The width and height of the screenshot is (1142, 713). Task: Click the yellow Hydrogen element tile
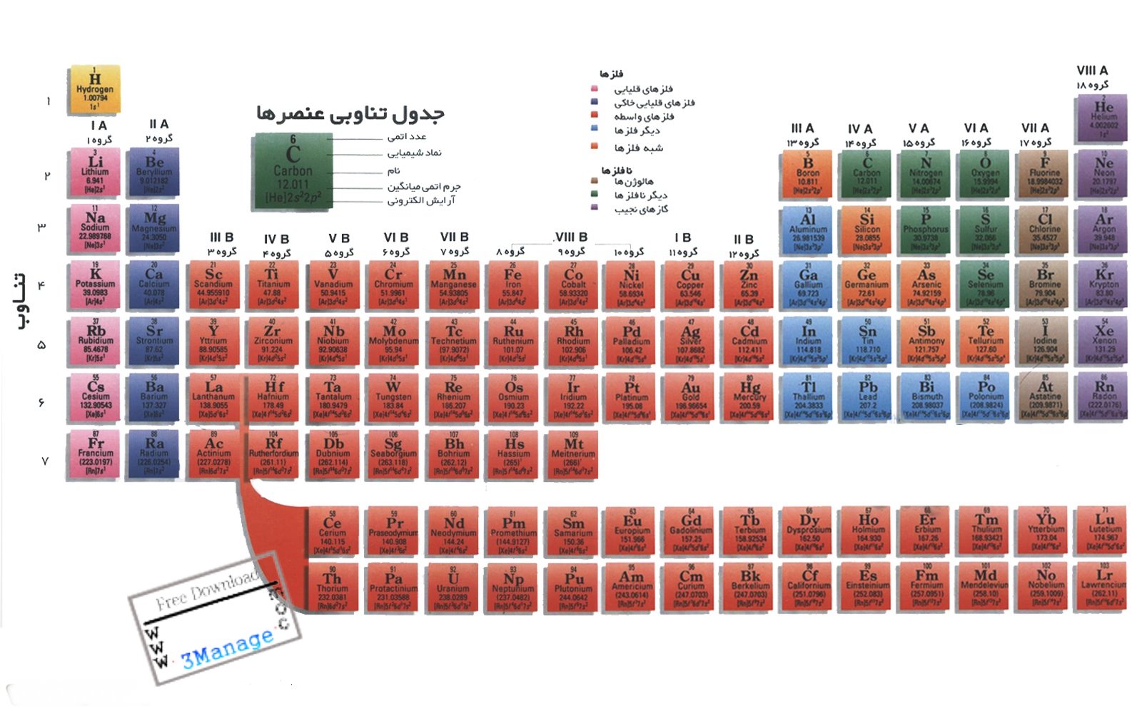[x=94, y=90]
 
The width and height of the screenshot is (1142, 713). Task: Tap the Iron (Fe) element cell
[x=513, y=287]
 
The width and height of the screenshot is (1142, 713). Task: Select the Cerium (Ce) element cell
[x=333, y=532]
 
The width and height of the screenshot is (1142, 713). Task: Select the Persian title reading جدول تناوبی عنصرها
[x=350, y=113]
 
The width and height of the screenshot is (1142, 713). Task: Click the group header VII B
[x=454, y=237]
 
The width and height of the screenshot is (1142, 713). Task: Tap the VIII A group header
[x=1092, y=70]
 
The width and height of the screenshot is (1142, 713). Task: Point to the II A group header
[x=158, y=124]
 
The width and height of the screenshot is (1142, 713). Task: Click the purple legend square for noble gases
[x=594, y=207]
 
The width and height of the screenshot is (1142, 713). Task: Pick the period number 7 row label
[x=44, y=461]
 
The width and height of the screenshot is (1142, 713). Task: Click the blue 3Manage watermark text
[x=227, y=647]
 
